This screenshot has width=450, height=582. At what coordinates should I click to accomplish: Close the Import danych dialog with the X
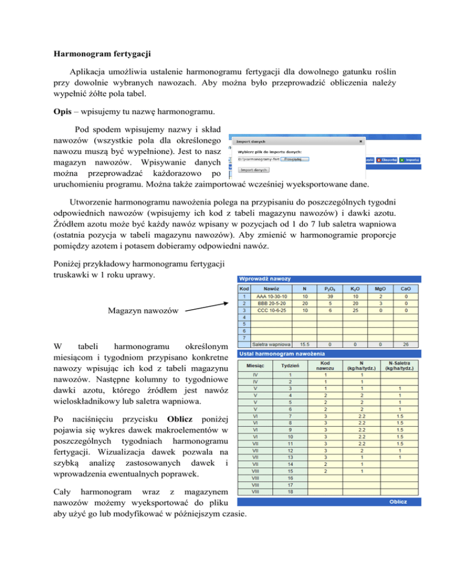pos(360,141)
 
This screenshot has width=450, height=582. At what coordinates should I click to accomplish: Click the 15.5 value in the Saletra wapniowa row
pos(304,345)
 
